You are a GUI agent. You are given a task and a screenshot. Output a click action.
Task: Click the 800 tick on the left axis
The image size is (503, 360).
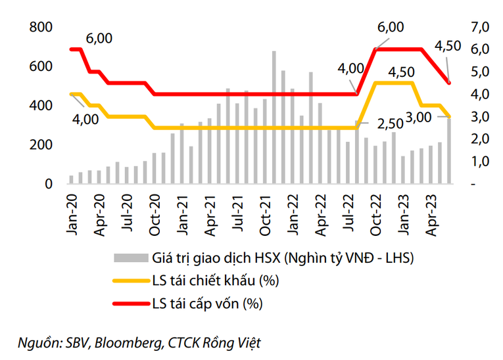(x=42, y=28)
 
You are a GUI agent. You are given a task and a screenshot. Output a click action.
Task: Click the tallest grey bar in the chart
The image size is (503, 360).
(x=274, y=118)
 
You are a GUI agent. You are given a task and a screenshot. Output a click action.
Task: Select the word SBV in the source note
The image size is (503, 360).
(x=76, y=342)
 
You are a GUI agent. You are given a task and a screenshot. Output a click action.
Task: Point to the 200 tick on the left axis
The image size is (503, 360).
(x=42, y=145)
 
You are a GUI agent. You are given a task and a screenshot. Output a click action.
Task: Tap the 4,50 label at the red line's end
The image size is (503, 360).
(x=449, y=46)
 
